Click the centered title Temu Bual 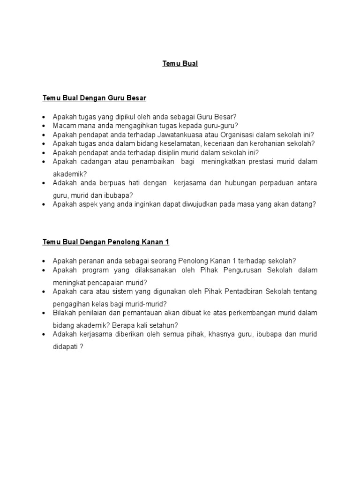180,64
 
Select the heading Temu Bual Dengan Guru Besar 94,98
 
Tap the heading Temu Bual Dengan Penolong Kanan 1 105,242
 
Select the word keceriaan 221,143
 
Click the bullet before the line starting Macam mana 44,126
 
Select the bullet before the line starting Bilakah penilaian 44,313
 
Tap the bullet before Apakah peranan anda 44,262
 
